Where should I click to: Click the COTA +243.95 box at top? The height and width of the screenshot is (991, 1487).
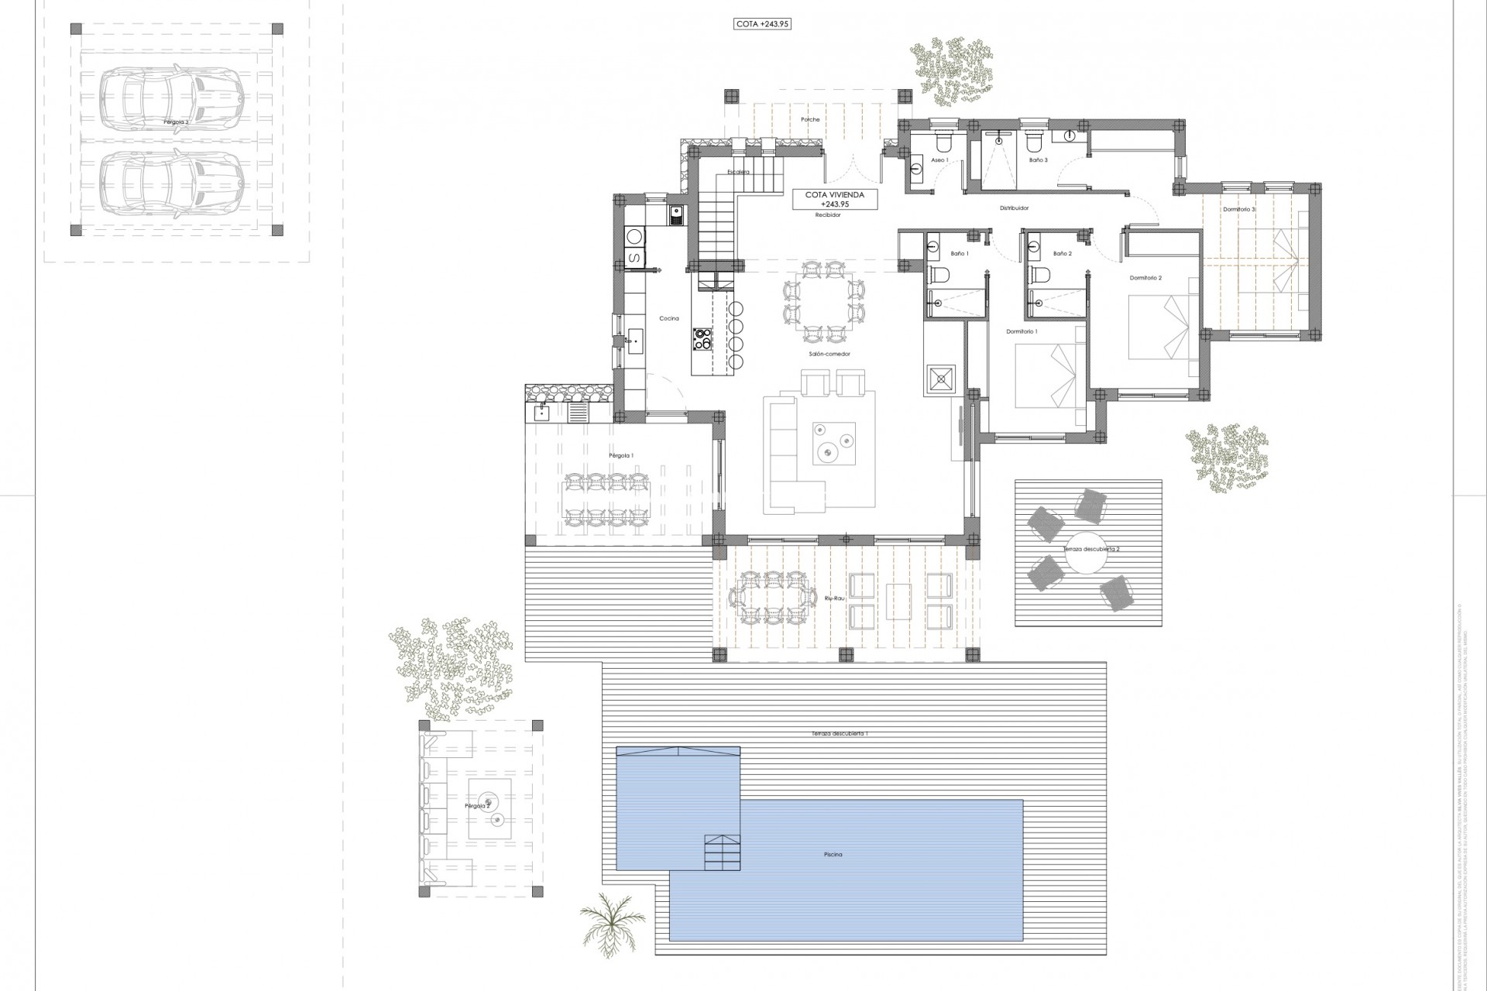(762, 24)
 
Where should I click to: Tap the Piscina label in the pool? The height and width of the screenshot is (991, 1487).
(833, 855)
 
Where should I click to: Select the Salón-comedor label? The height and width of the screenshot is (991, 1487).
(832, 354)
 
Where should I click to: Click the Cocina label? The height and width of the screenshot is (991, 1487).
(669, 318)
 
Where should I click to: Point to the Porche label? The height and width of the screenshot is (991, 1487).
(810, 119)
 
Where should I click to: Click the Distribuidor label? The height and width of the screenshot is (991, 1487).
(1014, 207)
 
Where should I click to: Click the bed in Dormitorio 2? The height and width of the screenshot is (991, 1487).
(1159, 329)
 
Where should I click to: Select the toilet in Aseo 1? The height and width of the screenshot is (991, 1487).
(944, 143)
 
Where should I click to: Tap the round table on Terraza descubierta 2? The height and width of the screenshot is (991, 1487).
(1081, 551)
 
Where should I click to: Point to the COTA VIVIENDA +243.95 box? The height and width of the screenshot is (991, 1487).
(834, 200)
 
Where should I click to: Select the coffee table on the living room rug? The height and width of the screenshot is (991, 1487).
(834, 444)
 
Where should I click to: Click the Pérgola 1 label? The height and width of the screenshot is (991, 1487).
(621, 456)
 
